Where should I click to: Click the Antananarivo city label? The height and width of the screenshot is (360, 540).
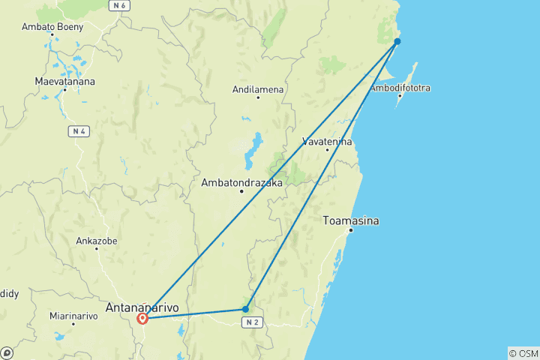pos(142,307)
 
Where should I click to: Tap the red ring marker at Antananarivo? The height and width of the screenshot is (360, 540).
pos(142,319)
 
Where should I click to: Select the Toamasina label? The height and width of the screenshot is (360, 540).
pos(350,221)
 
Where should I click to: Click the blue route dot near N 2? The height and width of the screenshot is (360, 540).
pos(245,309)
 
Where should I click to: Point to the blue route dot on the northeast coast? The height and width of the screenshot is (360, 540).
pos(397,41)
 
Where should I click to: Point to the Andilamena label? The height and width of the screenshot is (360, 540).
pos(258,89)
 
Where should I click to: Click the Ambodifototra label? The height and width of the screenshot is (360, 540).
pos(400,88)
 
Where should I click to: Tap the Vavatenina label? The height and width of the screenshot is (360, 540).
pos(326,141)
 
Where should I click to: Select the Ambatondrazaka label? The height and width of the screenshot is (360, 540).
pos(241,182)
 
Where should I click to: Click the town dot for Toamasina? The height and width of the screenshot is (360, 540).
pos(349,232)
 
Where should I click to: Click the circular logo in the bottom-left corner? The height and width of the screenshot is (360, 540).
pos(7,352)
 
